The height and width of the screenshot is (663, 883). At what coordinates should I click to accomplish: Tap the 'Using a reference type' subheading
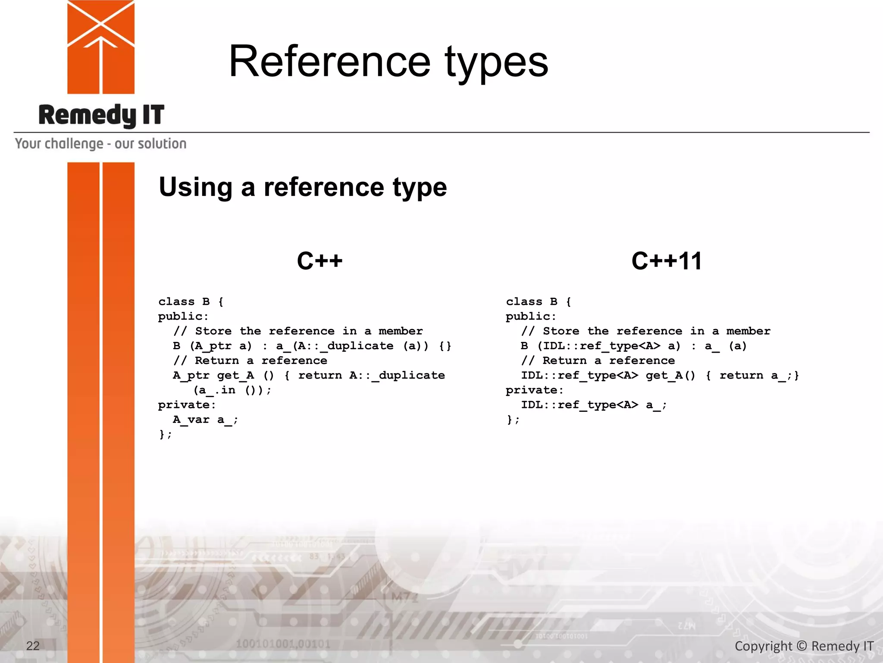tap(303, 187)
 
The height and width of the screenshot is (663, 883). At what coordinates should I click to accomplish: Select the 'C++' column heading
tap(319, 261)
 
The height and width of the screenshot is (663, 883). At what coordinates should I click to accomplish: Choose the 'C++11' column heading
tap(667, 261)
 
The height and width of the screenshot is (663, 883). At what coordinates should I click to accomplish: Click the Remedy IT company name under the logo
tap(101, 115)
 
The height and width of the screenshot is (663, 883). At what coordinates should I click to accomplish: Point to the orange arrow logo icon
tap(101, 47)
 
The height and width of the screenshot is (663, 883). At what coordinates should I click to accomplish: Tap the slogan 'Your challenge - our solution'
tap(101, 144)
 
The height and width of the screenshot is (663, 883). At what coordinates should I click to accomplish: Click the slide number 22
tap(33, 646)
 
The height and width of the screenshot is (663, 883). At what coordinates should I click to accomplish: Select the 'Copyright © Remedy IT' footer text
tap(804, 646)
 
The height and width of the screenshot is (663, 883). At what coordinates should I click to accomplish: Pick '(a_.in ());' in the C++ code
tap(232, 390)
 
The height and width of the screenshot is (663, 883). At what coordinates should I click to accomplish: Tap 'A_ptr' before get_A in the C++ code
tap(191, 376)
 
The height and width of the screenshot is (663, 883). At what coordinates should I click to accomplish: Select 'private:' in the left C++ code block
tap(187, 405)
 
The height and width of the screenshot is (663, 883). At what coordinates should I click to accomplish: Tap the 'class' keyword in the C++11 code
tap(524, 302)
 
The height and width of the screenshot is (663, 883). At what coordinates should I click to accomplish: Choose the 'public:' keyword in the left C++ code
tap(183, 316)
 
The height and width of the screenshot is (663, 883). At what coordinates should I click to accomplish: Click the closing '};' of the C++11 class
tap(513, 420)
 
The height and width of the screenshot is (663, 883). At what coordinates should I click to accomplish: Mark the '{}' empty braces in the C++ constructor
tap(445, 346)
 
